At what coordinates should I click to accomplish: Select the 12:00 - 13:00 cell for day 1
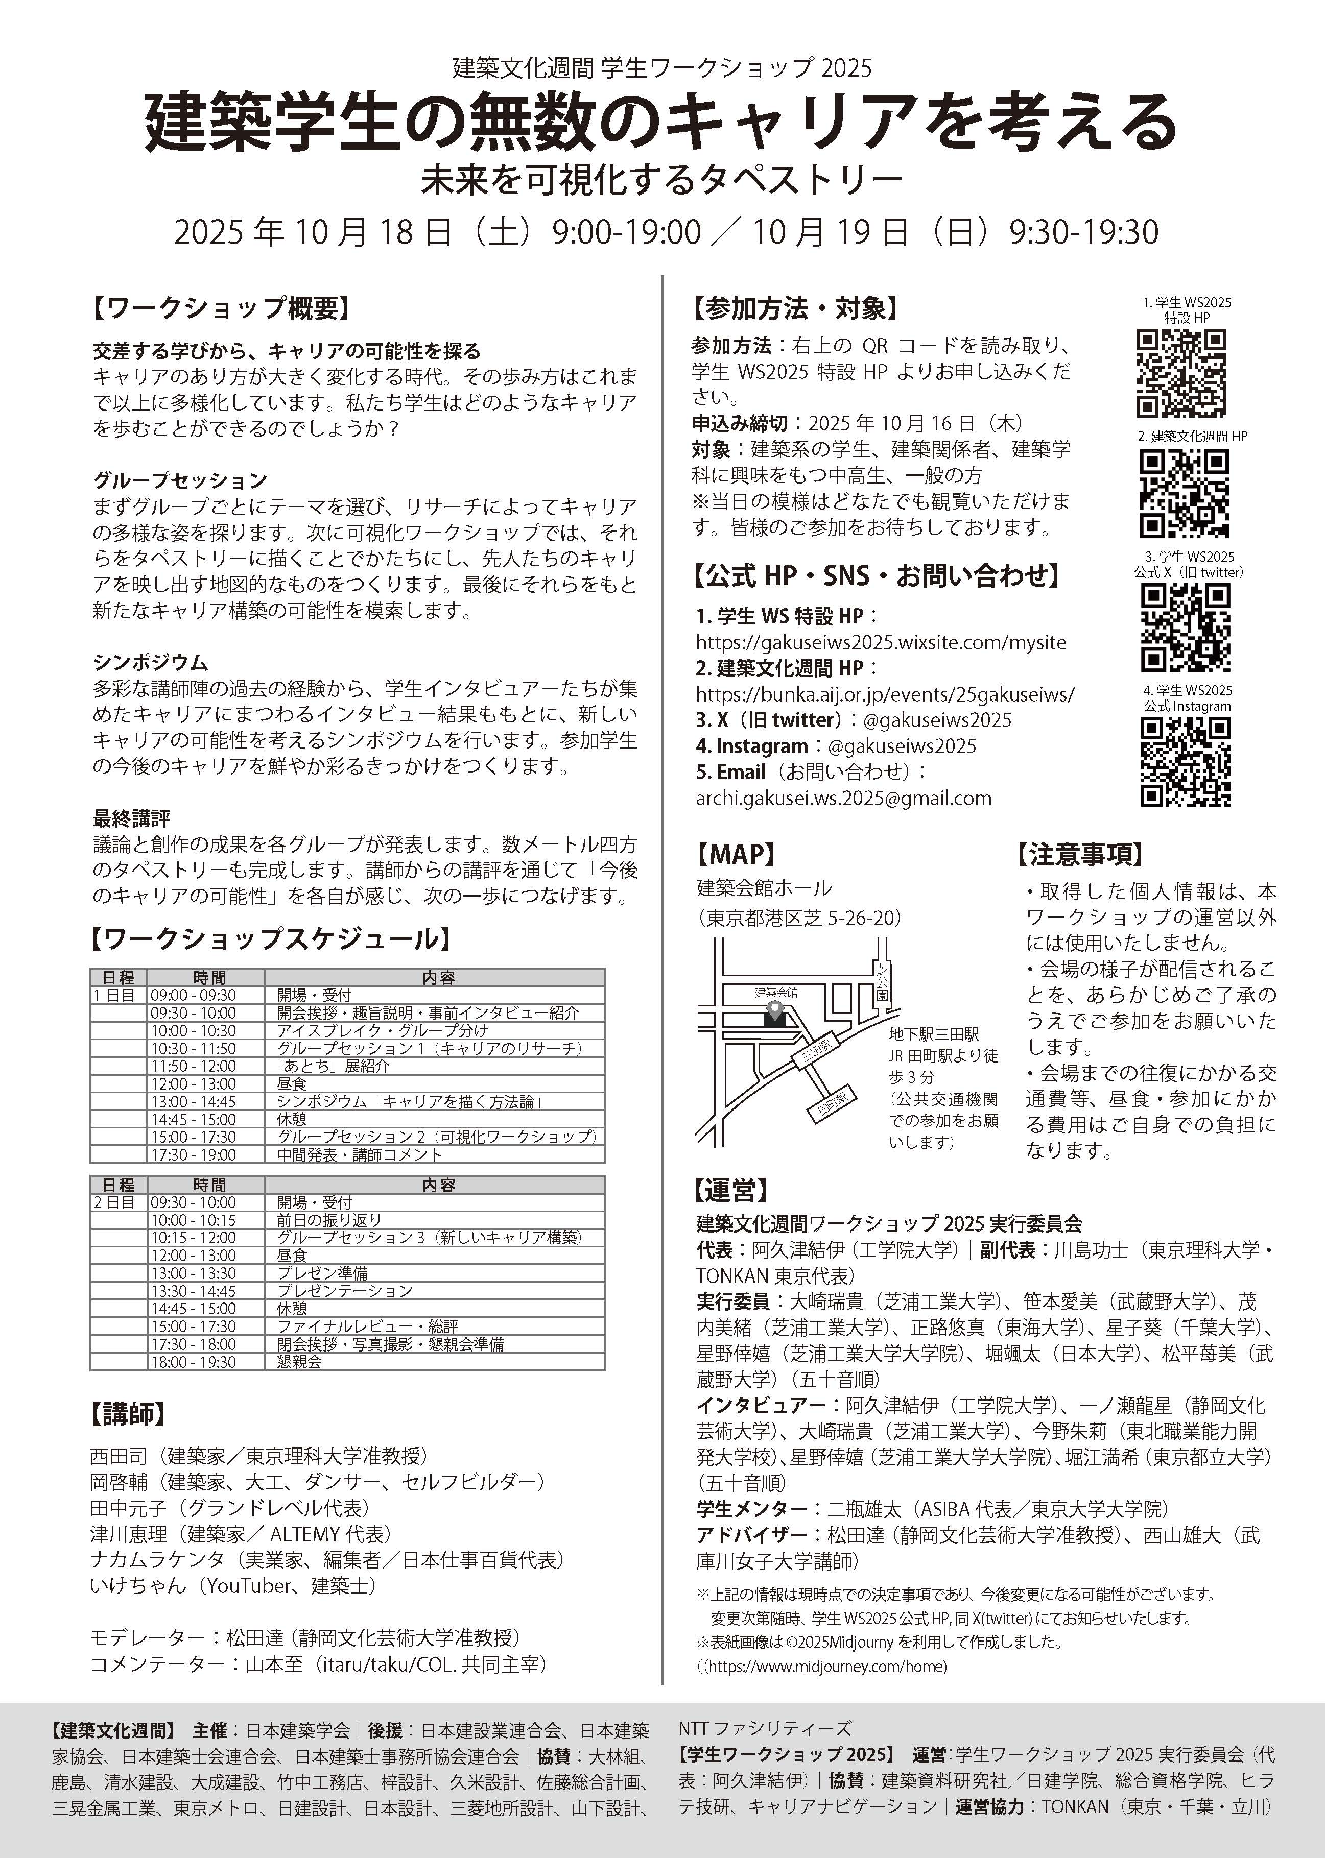193,1084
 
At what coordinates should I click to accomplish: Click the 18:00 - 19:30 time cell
193,1362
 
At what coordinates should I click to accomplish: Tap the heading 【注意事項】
1079,854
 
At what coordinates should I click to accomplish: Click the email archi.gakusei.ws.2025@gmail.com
844,799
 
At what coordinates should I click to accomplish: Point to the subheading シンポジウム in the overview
150,662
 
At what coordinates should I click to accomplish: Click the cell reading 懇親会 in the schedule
299,1362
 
